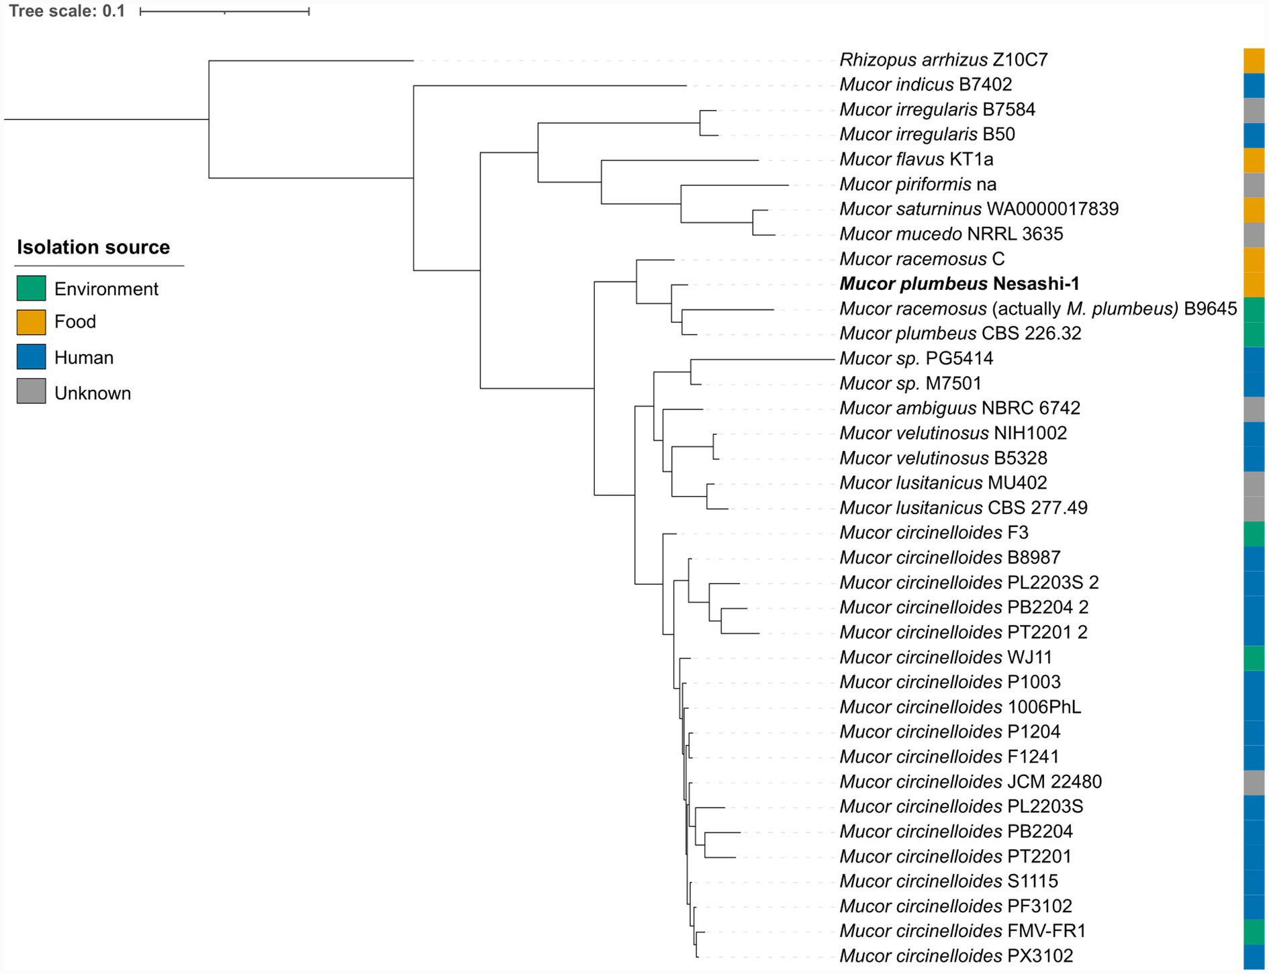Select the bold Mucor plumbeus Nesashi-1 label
point(959,284)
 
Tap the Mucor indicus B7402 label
point(925,85)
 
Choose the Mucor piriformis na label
point(917,184)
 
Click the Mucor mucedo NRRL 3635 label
point(951,234)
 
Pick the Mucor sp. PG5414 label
point(916,358)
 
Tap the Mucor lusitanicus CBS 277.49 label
point(963,507)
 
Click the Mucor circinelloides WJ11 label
point(945,657)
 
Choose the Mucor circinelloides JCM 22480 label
point(970,781)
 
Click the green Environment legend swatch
point(31,288)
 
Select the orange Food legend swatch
point(31,322)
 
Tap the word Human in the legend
point(84,358)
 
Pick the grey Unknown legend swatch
point(31,391)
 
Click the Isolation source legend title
point(93,247)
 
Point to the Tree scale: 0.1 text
point(66,11)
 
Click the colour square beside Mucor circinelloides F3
point(1254,534)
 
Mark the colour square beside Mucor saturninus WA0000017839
point(1254,209)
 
